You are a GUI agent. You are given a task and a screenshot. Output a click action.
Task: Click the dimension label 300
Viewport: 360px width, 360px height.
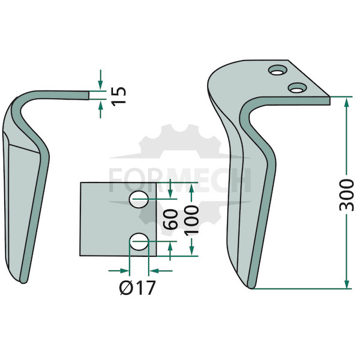coord(347,195)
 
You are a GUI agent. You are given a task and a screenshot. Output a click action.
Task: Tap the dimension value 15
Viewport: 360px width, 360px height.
coord(119,96)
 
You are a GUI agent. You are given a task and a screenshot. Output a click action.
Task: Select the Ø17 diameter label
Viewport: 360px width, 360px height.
coord(137,287)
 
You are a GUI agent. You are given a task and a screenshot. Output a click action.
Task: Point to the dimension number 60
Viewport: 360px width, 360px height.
coord(171,219)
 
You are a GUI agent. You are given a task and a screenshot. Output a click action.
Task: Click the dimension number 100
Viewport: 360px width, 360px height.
coord(191,220)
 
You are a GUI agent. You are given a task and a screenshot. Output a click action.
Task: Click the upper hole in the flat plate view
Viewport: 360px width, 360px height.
coord(139,199)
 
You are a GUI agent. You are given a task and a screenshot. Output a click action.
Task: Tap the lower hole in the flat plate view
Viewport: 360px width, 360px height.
coord(139,242)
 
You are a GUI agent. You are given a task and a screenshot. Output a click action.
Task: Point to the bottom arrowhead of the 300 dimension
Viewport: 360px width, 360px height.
coord(347,282)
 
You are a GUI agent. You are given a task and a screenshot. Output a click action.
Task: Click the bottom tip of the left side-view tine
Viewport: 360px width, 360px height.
coord(23,283)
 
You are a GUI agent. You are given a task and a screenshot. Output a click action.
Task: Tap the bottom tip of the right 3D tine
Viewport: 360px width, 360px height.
coord(251,288)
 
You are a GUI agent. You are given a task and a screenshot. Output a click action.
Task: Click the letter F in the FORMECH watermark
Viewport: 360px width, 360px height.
coord(116,180)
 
